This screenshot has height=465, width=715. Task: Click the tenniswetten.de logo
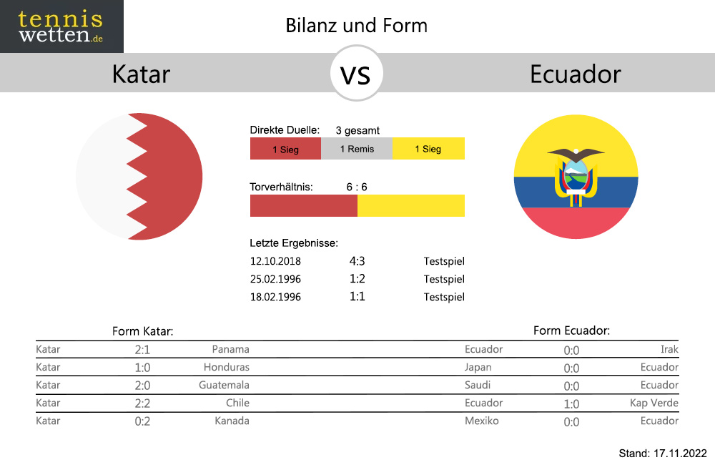point(61,26)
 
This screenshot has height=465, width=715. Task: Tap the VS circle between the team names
point(356,73)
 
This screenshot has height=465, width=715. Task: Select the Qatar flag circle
point(139,176)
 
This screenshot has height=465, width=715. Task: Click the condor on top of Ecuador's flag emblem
point(576,155)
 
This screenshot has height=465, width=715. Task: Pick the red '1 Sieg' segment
point(285,149)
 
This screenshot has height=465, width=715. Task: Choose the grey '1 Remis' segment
point(357,149)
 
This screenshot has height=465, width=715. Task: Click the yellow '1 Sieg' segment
point(428,149)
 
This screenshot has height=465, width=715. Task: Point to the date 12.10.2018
point(275,262)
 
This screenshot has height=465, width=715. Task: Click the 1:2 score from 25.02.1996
point(357,279)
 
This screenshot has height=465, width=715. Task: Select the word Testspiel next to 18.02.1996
point(444,297)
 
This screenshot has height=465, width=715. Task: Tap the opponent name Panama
point(231,349)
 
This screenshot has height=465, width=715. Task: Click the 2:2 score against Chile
point(142,403)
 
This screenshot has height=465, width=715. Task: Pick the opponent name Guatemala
point(224,385)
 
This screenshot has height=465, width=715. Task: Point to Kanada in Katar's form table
point(232,421)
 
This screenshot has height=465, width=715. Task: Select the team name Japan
point(478,368)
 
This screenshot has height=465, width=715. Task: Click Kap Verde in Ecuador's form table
point(654,403)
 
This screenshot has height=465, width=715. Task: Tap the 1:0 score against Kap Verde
point(571,404)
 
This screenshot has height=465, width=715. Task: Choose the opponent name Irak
point(669,349)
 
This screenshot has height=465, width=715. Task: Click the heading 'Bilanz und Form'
point(357,26)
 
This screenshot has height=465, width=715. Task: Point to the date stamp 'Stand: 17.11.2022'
point(663,453)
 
